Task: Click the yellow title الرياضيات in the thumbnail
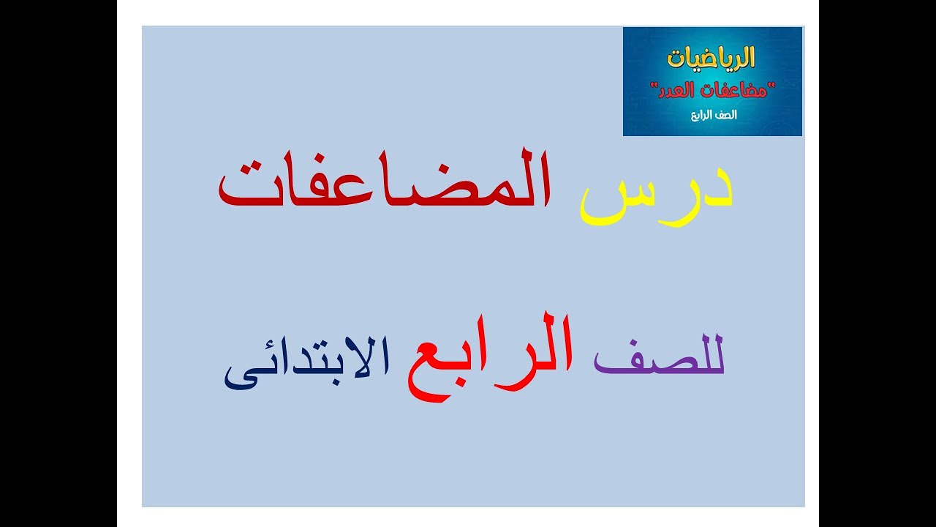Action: click(712, 58)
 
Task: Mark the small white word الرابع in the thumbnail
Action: click(703, 116)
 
